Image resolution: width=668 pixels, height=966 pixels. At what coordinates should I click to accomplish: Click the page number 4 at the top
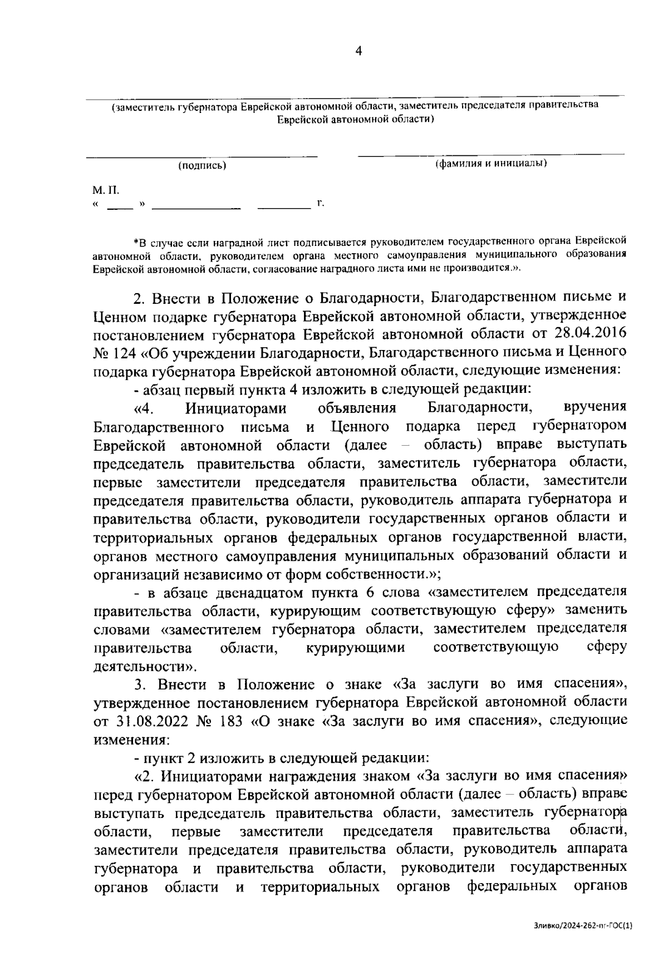pos(358,51)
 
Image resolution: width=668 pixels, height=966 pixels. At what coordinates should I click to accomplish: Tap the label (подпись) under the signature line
pos(202,165)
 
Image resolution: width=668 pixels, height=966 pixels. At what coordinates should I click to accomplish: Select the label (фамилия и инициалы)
pos(490,164)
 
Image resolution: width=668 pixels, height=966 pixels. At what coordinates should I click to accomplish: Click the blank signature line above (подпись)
pos(202,155)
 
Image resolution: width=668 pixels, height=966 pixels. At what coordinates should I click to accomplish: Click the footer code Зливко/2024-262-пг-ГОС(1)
pos(583,925)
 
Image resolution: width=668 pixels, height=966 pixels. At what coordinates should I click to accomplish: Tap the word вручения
pos(595,407)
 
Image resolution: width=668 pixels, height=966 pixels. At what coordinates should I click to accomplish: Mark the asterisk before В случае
pos(136,241)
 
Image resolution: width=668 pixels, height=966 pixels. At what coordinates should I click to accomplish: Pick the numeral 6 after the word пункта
pos(371,591)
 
